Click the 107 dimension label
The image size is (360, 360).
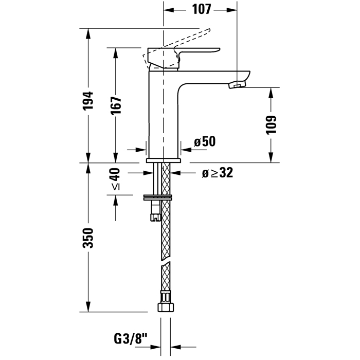coord(202,9)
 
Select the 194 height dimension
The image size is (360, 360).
coord(88,100)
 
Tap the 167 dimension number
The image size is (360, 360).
coord(116,105)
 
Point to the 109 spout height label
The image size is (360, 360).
coord(271,124)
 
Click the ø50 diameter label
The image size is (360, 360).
coord(205,141)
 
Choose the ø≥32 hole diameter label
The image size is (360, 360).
coord(218,173)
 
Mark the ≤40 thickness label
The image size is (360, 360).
coord(116,179)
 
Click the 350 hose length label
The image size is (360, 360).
coord(88,238)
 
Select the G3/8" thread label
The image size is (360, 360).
coord(130,339)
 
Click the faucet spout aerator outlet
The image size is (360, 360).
coord(237,85)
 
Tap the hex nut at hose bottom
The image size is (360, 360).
coord(166,308)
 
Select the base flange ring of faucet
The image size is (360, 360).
coord(164,160)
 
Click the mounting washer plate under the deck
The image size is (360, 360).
coord(157,197)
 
